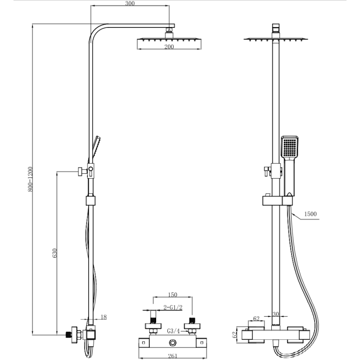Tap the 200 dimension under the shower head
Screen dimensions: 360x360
(x=169, y=47)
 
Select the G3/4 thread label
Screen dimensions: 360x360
(x=174, y=331)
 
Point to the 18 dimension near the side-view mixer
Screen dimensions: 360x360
(x=103, y=317)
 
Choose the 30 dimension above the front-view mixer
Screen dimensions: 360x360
(x=276, y=315)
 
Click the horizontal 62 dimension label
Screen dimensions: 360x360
(x=256, y=319)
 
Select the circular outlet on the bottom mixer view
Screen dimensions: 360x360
(x=173, y=344)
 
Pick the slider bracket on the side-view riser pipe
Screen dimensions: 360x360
(x=90, y=201)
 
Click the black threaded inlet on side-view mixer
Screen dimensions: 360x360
(x=69, y=334)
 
